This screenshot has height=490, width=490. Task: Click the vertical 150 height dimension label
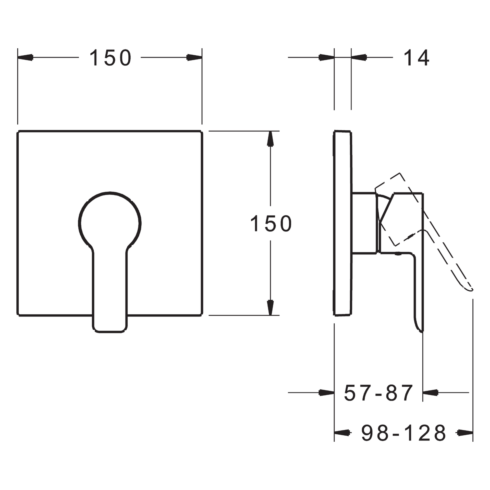[x=271, y=224]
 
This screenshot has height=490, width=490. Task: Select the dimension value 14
[x=416, y=58]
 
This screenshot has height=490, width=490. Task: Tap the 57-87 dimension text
[x=378, y=393]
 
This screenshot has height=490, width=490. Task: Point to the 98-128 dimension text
[x=404, y=433]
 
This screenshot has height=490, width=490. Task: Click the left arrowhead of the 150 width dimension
[x=25, y=57]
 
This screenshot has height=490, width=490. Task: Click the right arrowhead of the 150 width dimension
[x=194, y=57]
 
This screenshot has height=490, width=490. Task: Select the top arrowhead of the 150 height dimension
[x=270, y=139]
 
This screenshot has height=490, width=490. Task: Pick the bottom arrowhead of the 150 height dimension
[x=270, y=308]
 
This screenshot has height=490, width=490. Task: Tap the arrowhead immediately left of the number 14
[x=359, y=57]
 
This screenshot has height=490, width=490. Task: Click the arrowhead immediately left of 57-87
[x=327, y=393]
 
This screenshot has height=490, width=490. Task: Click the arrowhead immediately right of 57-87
[x=431, y=393]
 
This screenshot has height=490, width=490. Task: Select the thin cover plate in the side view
[x=342, y=224]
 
